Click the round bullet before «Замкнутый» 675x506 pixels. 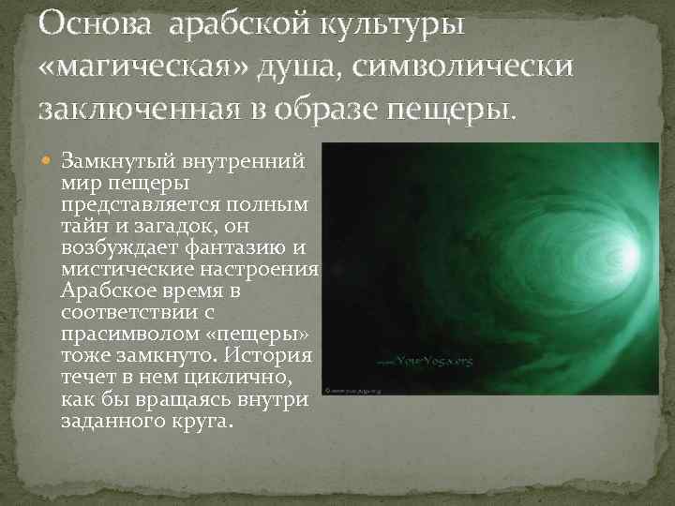coord(51,159)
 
